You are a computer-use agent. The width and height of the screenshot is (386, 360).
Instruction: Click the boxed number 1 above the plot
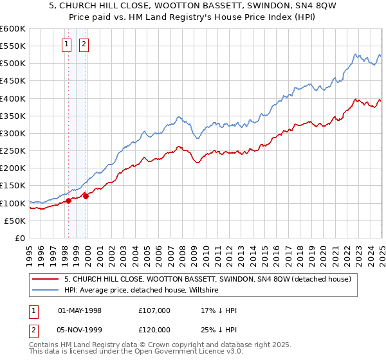(x=68, y=44)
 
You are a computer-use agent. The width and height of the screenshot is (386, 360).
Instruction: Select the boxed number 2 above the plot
(x=84, y=44)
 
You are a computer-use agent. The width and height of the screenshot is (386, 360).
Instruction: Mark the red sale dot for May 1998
(x=68, y=201)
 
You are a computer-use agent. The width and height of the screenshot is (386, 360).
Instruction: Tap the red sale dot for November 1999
(x=86, y=196)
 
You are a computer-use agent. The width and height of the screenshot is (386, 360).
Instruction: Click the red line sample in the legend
(x=46, y=279)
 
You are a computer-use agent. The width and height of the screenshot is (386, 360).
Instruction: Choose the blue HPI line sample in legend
(x=46, y=291)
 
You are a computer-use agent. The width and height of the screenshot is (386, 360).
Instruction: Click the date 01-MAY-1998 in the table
(x=80, y=310)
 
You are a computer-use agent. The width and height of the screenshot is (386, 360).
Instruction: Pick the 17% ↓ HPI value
(x=218, y=310)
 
